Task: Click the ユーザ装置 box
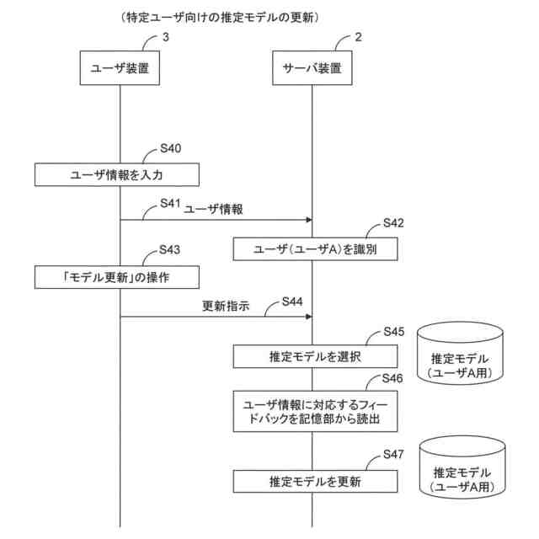click(x=120, y=70)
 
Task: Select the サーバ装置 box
click(x=312, y=70)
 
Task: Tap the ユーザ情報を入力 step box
click(x=116, y=175)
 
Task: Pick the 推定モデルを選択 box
click(x=314, y=357)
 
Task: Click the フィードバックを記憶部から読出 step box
click(x=314, y=410)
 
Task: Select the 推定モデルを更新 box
click(x=314, y=483)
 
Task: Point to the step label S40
click(x=171, y=149)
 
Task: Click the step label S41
click(x=171, y=204)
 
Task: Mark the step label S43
click(x=171, y=251)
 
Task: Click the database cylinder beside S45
click(x=459, y=353)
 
